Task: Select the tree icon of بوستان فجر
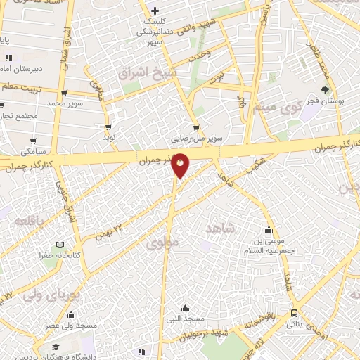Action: (324, 89)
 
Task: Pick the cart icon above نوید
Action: (108, 127)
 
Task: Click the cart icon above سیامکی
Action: (32, 140)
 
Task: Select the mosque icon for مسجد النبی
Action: (184, 307)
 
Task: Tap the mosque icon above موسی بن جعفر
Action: (268, 229)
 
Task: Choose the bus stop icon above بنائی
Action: (293, 314)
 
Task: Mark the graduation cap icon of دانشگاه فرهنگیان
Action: (56, 347)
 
